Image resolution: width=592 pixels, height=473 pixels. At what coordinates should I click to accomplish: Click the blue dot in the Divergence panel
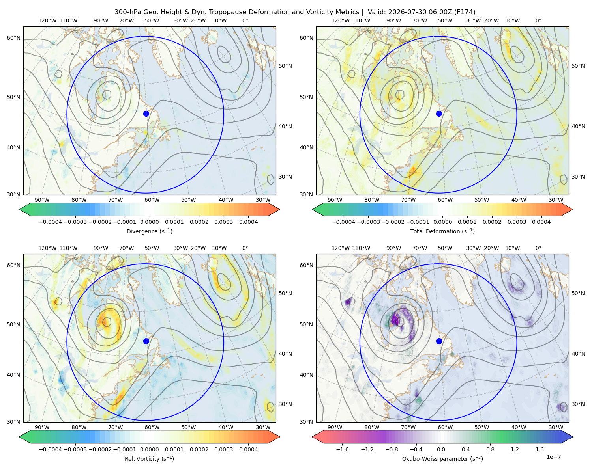pyautogui.click(x=146, y=114)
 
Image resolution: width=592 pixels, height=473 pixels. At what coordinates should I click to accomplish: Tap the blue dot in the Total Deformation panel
pyautogui.click(x=439, y=114)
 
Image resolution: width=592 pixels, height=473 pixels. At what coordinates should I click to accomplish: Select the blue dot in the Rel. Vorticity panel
pyautogui.click(x=146, y=341)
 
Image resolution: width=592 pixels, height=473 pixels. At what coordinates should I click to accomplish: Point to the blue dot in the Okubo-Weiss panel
pyautogui.click(x=439, y=341)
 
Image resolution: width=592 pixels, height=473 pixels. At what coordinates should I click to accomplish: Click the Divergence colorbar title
pyautogui.click(x=149, y=231)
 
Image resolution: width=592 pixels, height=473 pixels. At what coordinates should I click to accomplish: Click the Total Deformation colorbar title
pyautogui.click(x=442, y=231)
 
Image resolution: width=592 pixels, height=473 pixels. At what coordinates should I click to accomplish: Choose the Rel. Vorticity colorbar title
pyautogui.click(x=149, y=458)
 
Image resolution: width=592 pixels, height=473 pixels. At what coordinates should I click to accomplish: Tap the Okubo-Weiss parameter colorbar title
pyautogui.click(x=442, y=458)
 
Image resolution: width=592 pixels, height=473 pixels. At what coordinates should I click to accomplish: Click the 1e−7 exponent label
pyautogui.click(x=553, y=457)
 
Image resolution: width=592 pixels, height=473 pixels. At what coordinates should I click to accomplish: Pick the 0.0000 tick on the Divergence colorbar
pyautogui.click(x=149, y=222)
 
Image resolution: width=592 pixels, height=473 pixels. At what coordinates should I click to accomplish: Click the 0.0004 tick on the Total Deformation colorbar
pyautogui.click(x=541, y=222)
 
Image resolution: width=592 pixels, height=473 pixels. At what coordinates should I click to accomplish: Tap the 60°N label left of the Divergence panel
pyautogui.click(x=13, y=38)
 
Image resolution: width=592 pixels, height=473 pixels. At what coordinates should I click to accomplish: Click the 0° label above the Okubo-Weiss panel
pyautogui.click(x=538, y=248)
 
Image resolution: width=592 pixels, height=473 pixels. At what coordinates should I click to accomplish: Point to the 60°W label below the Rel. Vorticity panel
pyautogui.click(x=152, y=427)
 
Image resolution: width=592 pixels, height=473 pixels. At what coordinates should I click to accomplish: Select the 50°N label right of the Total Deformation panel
pyautogui.click(x=578, y=66)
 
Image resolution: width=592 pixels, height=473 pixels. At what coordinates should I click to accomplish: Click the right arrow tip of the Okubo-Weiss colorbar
pyautogui.click(x=573, y=437)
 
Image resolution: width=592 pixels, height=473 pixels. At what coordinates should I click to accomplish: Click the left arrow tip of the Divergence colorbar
pyautogui.click(x=19, y=209)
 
